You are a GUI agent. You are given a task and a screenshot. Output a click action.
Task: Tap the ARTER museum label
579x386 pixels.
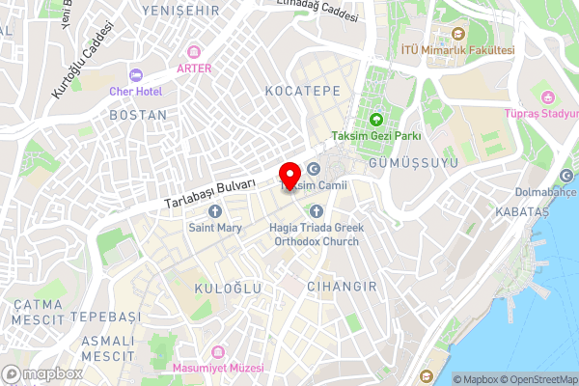pyautogui.click(x=194, y=68)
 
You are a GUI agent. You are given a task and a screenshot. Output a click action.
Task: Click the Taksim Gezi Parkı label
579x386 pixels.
pyautogui.click(x=376, y=135)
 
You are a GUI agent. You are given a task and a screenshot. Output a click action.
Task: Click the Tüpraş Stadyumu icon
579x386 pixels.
pyautogui.click(x=548, y=96)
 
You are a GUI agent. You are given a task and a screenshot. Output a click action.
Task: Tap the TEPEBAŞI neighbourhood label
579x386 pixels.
pyautogui.click(x=104, y=317)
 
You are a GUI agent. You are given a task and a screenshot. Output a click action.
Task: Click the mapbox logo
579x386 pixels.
pyautogui.click(x=41, y=373)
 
